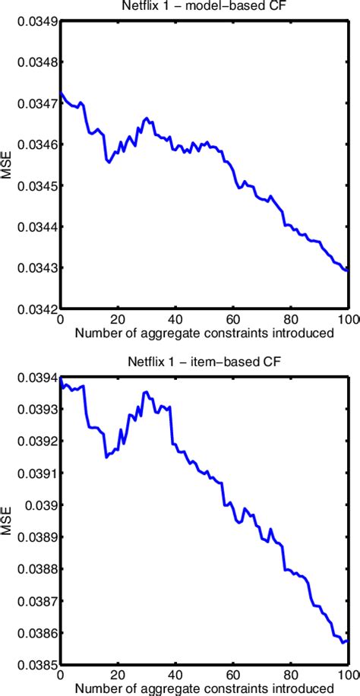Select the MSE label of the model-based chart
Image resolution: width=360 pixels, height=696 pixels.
pyautogui.click(x=7, y=165)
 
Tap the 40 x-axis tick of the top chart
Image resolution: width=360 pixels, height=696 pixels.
pyautogui.click(x=175, y=319)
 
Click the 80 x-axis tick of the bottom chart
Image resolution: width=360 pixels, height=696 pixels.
pyautogui.click(x=291, y=675)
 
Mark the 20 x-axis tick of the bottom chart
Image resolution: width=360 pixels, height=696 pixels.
pyautogui.click(x=118, y=675)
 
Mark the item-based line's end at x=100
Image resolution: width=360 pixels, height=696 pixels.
pyautogui.click(x=348, y=641)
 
